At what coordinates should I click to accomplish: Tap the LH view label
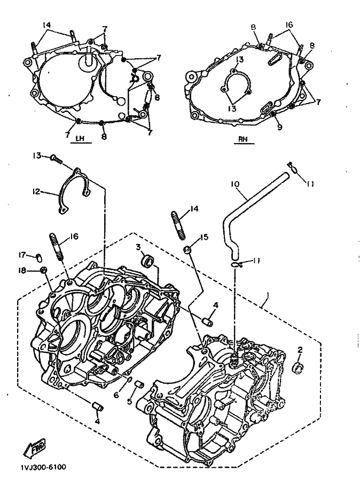point(80,138)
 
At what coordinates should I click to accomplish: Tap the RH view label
point(244,139)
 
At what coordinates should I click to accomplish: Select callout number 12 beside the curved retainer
point(36,192)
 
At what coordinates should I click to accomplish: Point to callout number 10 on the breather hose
point(235,184)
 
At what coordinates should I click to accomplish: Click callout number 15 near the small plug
point(204,237)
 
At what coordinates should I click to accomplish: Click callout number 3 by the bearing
point(138,247)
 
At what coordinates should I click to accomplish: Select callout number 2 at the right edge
point(300,350)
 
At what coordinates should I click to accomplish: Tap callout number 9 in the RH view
point(279,127)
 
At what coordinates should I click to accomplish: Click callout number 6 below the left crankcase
point(116,395)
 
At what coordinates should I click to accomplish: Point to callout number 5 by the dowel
point(129,401)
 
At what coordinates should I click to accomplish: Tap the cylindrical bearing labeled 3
point(148,261)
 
